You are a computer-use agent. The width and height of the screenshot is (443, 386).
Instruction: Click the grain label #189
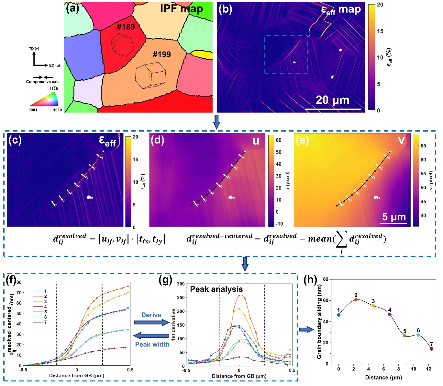126,27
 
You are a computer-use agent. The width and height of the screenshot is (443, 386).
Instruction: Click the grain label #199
161,54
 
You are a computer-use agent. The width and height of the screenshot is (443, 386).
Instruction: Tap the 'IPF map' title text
182,9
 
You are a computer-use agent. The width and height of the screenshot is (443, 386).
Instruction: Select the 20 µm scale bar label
332,100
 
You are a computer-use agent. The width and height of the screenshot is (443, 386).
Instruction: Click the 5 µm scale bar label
394,217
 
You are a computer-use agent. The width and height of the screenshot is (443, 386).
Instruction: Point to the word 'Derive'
151,315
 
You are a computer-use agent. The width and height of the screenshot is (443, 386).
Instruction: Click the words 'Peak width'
152,344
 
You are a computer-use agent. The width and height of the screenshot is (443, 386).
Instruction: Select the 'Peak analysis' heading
216,289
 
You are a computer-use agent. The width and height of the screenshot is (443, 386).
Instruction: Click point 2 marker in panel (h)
356,300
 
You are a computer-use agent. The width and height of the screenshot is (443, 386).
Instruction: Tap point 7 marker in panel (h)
431,349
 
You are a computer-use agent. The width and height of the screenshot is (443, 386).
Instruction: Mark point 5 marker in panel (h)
404,335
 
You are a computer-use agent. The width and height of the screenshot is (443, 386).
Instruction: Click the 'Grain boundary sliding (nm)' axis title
319,322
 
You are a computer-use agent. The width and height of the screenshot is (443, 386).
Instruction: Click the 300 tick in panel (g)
181,284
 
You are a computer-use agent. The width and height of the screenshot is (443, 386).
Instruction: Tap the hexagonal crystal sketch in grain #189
122,45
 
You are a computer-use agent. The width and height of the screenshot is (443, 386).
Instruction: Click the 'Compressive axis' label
43,82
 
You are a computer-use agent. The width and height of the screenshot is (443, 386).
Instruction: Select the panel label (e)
302,140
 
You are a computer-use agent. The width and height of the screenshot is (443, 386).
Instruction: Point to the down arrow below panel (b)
216,122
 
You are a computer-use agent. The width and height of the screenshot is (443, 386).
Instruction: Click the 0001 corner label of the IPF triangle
33,110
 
